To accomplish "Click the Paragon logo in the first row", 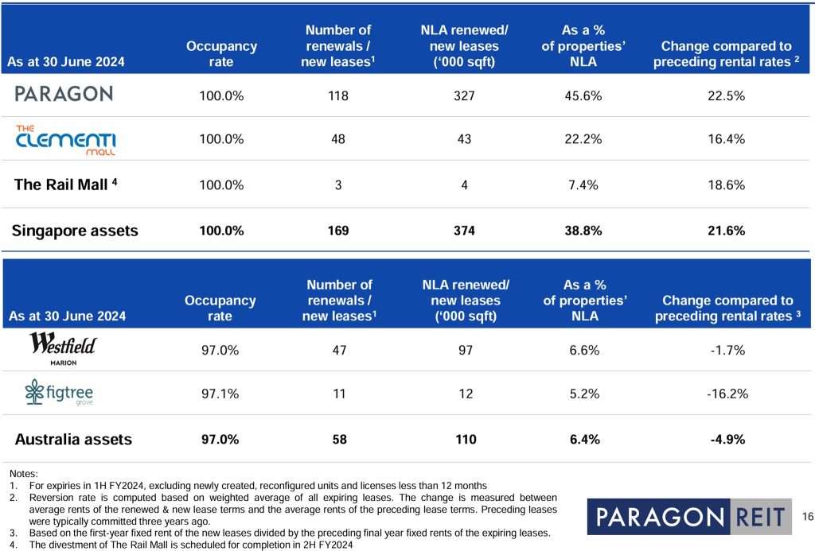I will [x=64, y=95].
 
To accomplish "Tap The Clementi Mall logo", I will [x=65, y=139].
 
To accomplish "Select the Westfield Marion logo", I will [x=63, y=347].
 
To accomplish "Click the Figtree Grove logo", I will [x=60, y=393].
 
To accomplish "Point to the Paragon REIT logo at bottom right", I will [x=688, y=517].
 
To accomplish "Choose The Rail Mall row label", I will [x=65, y=184].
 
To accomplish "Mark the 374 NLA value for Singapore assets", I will [x=464, y=231].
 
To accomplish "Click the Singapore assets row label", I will [x=75, y=231].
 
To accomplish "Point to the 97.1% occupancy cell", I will [x=220, y=394].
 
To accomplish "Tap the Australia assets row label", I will [x=73, y=439].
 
